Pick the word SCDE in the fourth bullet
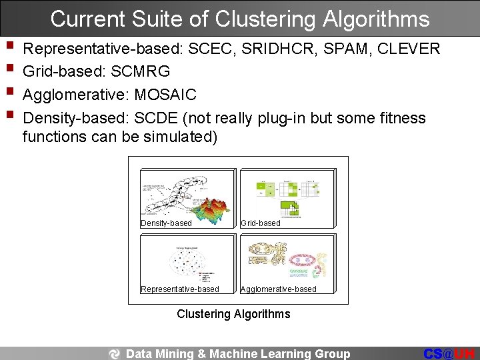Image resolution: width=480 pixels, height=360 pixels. (156, 118)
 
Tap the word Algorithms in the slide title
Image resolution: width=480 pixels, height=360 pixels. (376, 19)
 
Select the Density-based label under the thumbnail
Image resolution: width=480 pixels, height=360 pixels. (166, 223)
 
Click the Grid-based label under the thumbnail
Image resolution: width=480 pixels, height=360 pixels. (260, 223)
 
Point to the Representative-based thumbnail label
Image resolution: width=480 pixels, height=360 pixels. (180, 289)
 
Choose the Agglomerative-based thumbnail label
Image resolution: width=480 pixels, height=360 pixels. (278, 289)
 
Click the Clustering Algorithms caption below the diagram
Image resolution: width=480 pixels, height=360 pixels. (233, 313)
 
